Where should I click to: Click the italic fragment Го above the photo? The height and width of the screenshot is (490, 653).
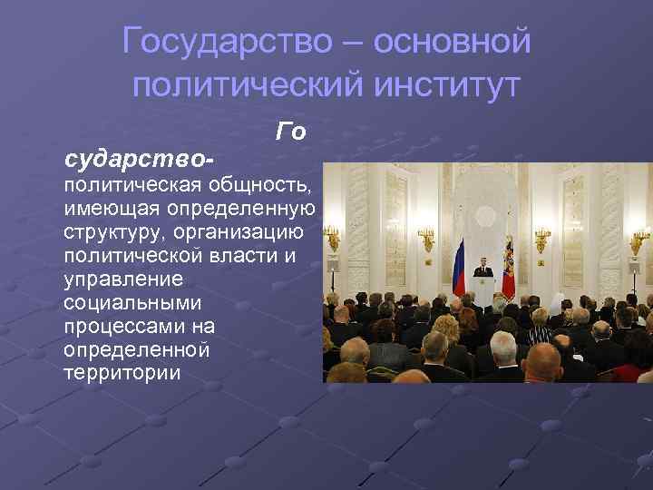coord(289,132)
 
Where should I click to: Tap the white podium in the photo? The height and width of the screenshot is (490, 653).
coord(482,289)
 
